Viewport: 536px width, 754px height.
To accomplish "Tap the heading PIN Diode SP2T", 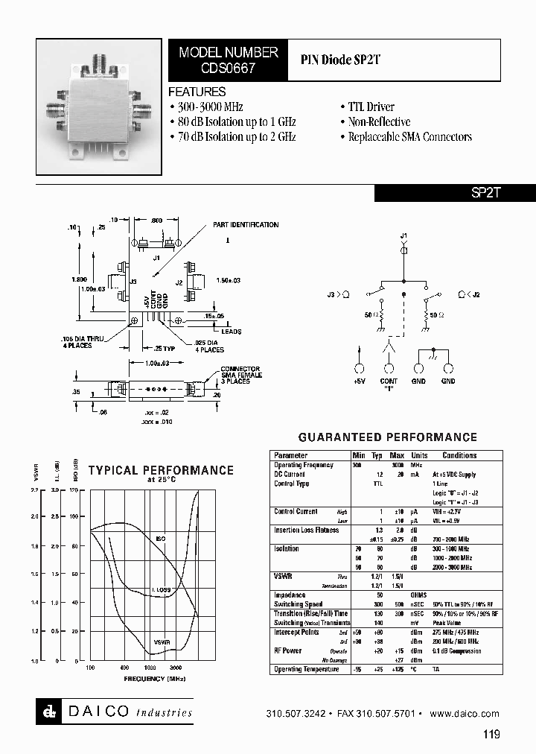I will click(340, 60).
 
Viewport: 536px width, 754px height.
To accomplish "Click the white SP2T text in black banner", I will click(487, 192).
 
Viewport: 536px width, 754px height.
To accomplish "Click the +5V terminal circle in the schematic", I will click(360, 369).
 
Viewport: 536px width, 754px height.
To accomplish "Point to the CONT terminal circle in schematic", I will click(389, 369).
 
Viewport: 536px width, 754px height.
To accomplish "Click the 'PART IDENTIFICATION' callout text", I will click(246, 224).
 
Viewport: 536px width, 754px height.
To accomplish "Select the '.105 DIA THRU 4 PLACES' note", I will click(88, 342).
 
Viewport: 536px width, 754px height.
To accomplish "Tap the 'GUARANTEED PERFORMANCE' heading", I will click(388, 437).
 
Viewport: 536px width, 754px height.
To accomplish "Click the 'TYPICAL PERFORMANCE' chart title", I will click(161, 470).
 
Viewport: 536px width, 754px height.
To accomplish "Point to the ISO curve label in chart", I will click(161, 537).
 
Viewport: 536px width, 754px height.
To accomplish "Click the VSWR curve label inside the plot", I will click(161, 641).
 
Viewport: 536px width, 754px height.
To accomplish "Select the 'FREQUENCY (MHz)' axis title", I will click(155, 679).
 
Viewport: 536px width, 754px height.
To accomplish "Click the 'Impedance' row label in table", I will click(290, 595).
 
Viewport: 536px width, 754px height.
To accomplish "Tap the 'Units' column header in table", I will click(419, 455).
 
